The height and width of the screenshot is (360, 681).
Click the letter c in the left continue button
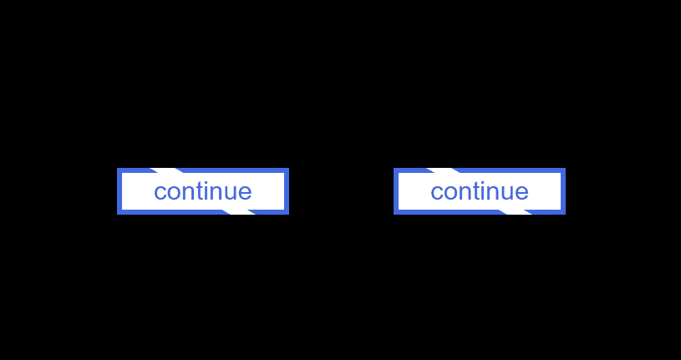[160, 192]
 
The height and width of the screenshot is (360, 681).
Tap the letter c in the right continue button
[436, 192]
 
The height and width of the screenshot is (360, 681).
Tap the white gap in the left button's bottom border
[238, 212]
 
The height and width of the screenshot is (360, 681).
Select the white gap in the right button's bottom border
[515, 212]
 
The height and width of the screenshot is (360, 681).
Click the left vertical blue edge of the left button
[119, 191]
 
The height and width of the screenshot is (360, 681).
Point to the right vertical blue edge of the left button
[287, 191]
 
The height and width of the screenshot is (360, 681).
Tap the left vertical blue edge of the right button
[396, 191]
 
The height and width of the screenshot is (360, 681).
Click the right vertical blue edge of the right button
[563, 191]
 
